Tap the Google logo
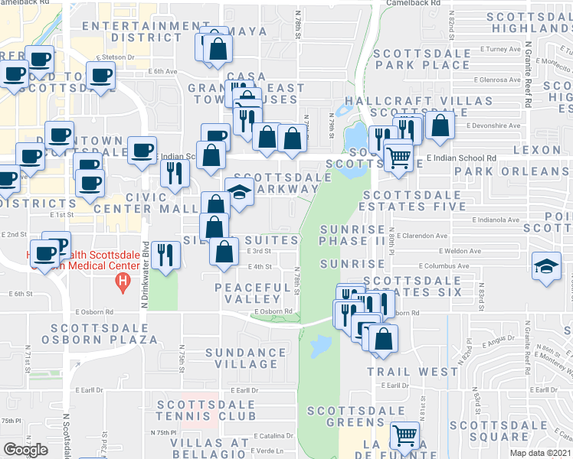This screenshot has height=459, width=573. click(x=26, y=450)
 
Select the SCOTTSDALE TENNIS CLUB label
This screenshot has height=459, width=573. click(x=205, y=409)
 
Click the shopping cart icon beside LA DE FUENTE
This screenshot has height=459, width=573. click(x=404, y=436)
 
